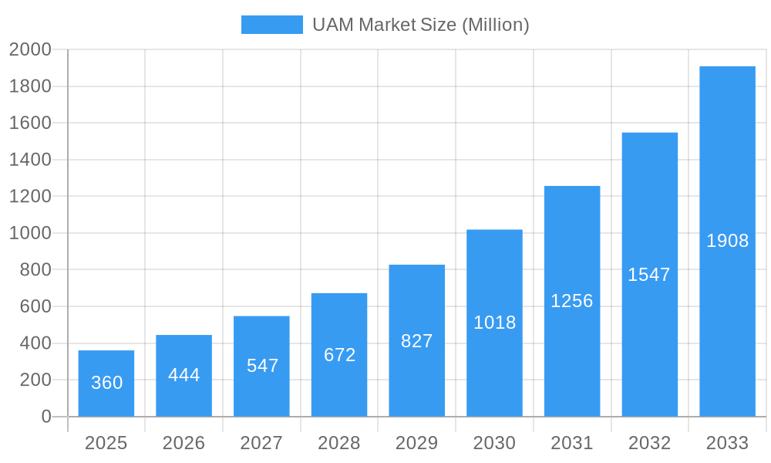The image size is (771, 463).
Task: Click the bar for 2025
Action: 106,384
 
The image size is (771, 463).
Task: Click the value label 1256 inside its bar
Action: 572,301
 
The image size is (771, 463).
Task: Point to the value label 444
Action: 184,375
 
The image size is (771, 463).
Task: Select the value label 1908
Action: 727,241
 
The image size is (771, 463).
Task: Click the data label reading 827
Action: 417,341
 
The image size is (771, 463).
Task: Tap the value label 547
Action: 262,366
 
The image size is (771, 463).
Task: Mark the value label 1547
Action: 649,275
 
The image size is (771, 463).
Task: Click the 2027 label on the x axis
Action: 261,443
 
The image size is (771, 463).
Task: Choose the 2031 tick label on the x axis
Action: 572,443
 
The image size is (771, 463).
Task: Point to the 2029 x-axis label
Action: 417,443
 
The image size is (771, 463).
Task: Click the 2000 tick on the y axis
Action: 30,49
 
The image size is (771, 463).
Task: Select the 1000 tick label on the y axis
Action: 30,233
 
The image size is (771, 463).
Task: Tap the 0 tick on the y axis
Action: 45,417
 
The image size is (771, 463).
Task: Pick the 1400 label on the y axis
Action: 30,160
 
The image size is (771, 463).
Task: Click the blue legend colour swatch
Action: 272,25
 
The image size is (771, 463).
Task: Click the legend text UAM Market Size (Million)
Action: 421,25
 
